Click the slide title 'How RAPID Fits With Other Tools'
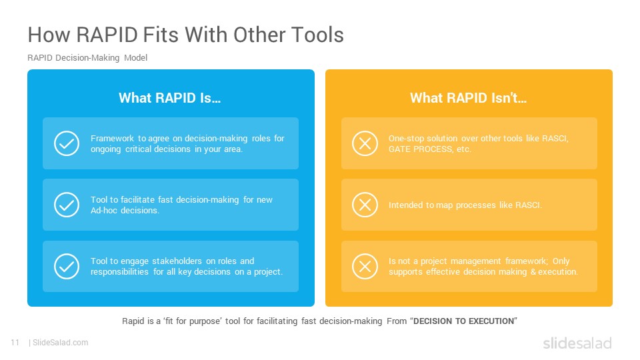(186, 35)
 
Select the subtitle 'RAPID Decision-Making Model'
(87, 58)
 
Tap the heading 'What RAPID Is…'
(170, 98)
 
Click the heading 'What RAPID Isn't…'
(469, 98)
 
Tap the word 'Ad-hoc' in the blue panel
(104, 211)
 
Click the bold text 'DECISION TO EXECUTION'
(464, 321)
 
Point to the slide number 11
(15, 343)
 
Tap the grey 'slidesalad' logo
(577, 343)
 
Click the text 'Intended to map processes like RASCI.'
(465, 205)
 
